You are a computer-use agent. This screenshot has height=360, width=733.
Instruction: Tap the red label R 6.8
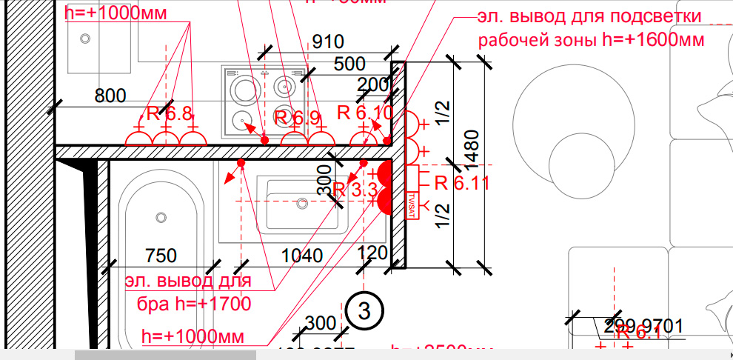coord(169,114)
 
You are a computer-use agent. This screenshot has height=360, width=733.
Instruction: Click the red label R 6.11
coord(461,183)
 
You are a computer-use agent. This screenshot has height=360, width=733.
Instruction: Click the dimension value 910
coord(327,42)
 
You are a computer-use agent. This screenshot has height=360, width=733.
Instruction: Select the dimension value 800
coord(110,95)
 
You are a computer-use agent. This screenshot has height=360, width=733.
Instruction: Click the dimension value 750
coord(161,256)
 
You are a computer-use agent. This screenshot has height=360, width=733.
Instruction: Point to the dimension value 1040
coord(302,256)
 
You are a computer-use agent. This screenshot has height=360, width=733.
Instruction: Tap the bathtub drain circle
coord(161,217)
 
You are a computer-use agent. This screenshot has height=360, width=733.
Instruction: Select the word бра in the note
coord(154,304)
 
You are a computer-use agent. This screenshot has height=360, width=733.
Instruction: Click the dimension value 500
coord(349,64)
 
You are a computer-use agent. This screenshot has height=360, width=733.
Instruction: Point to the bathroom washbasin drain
coord(301,201)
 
